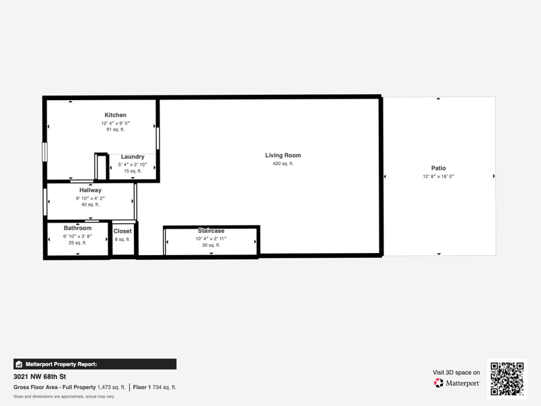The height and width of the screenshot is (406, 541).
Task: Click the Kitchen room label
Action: (115, 115)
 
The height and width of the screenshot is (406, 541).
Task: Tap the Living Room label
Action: (283, 156)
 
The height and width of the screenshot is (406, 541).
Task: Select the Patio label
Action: (438, 168)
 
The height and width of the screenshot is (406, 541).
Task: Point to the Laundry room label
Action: (133, 157)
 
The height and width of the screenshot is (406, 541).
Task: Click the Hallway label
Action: (91, 190)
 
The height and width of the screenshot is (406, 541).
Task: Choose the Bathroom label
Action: (78, 228)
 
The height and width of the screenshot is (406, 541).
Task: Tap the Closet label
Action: (122, 231)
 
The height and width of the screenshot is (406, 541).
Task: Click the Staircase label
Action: (211, 231)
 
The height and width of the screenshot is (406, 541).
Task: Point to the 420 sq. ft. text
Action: (283, 164)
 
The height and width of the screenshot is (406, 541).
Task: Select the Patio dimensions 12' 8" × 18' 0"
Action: (438, 177)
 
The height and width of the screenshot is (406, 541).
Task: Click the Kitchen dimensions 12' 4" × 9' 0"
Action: (115, 123)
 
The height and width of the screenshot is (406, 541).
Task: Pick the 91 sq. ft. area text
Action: (115, 129)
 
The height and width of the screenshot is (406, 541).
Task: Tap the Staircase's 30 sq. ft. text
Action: (211, 245)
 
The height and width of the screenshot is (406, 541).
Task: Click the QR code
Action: (507, 379)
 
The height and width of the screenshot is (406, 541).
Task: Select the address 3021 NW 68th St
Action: (40, 377)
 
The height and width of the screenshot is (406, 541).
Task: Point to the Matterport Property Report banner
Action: (95, 364)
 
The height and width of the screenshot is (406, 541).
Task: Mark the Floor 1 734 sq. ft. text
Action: (154, 387)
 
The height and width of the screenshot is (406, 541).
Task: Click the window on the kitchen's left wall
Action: (45, 152)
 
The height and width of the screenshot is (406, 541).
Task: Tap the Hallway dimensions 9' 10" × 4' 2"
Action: (91, 198)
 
